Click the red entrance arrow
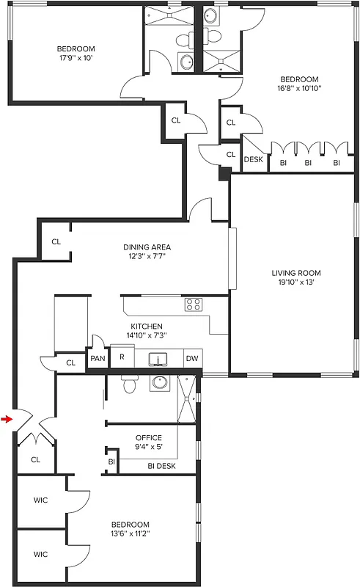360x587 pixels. tap(7, 420)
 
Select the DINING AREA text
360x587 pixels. tap(147, 247)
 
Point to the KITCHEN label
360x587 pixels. tap(147, 327)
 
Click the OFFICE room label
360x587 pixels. tap(148, 438)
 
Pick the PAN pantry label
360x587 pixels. tap(98, 359)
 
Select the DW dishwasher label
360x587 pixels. tap(191, 359)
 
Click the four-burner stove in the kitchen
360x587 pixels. tap(194, 304)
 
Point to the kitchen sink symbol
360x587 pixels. tap(156, 360)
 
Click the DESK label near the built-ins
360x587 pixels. tap(253, 159)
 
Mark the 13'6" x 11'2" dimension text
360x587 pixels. tap(130, 534)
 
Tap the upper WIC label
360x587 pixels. tap(40, 500)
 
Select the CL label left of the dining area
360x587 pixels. tap(56, 241)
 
